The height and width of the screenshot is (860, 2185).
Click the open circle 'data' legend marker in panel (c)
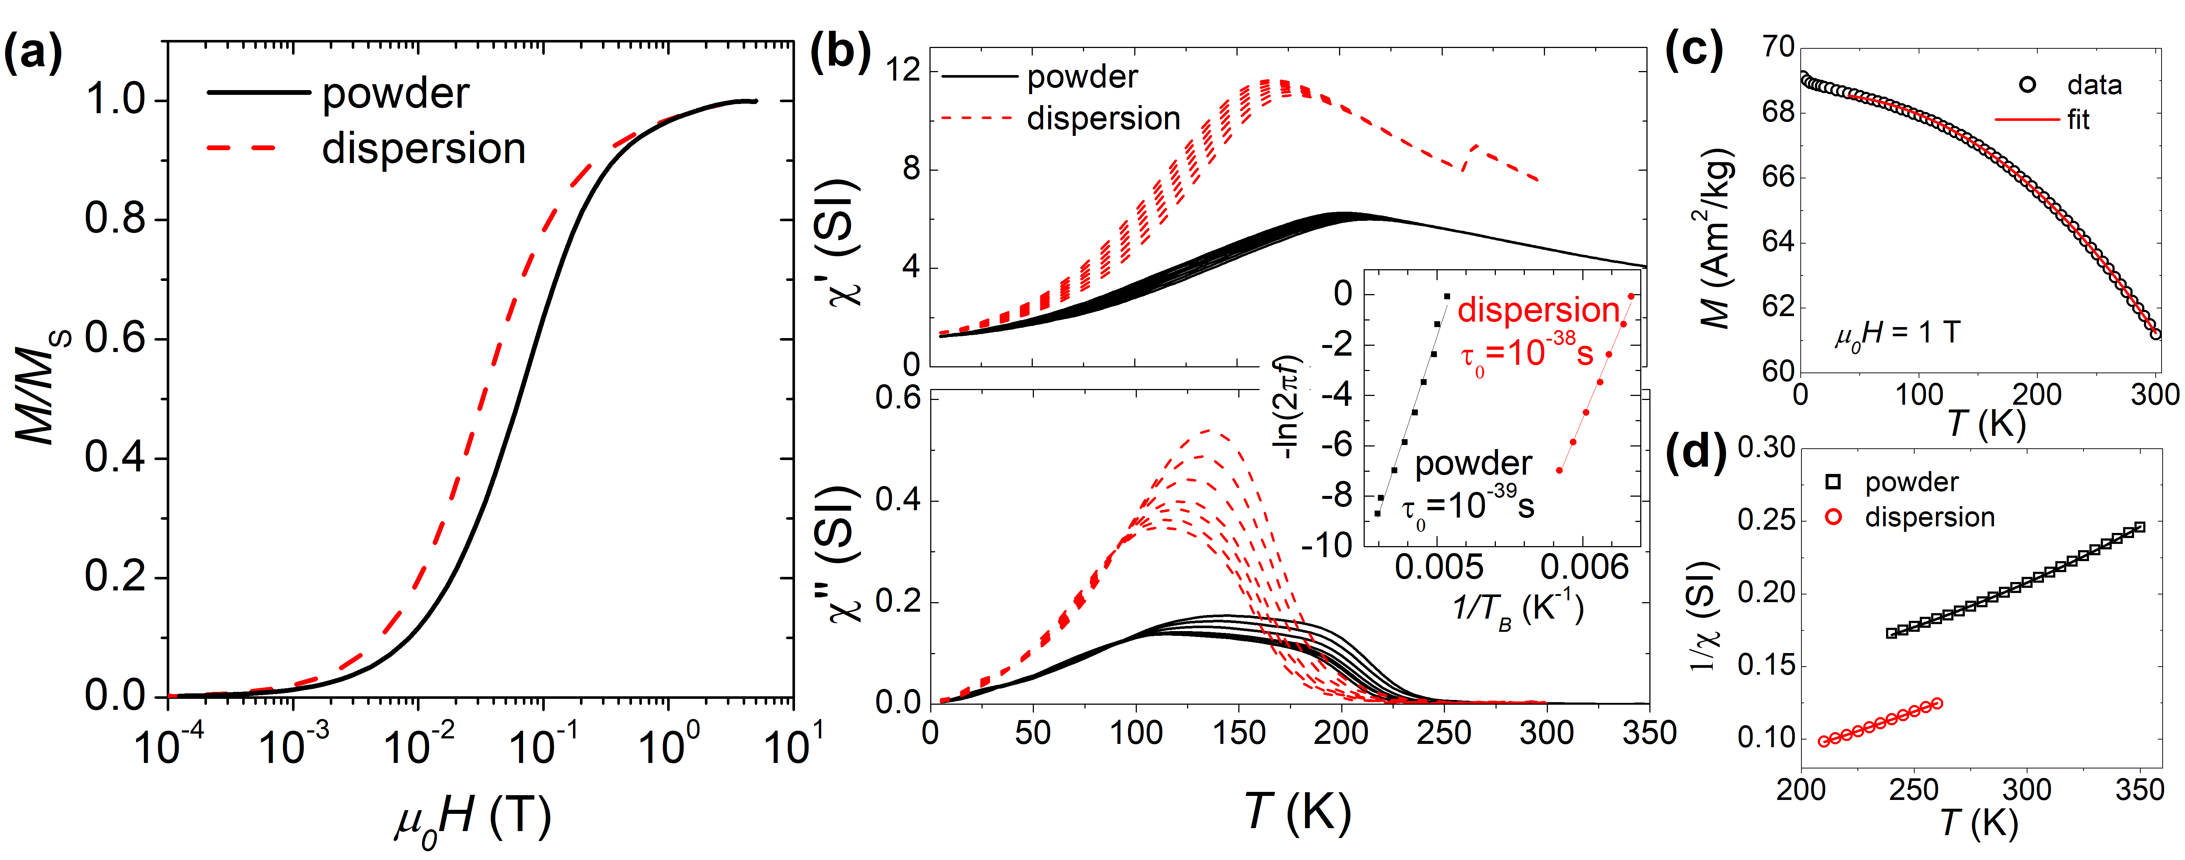[2027, 85]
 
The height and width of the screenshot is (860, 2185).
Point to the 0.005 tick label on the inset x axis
[1439, 567]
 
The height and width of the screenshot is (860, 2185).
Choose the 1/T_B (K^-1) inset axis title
[1518, 608]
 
